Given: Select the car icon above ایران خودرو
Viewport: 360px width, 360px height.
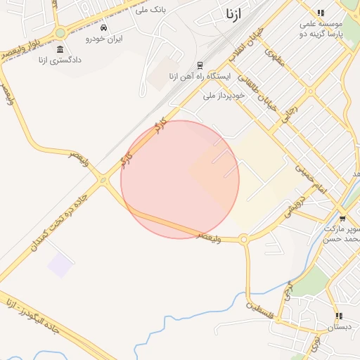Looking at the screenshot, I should click(104, 28).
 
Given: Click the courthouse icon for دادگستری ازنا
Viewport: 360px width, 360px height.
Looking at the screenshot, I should click(60, 50).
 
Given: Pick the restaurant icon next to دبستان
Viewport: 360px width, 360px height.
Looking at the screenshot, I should click(339, 316).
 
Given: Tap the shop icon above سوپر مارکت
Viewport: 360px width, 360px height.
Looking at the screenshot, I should click(342, 219).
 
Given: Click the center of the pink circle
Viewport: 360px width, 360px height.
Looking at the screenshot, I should click(180, 180).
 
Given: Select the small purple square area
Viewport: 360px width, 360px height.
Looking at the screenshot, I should click(60, 266).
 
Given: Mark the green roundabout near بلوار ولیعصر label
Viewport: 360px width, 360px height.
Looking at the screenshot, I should click(60, 32).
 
